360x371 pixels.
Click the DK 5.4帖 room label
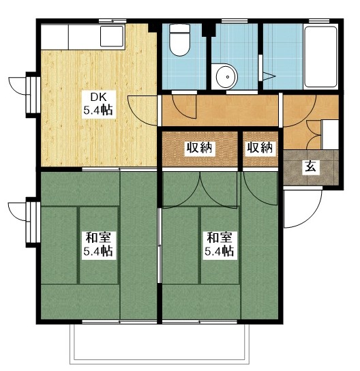tap(99, 104)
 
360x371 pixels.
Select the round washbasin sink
tap(226, 77)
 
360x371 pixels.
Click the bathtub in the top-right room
tap(320, 57)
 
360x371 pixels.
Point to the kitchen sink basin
tap(112, 36)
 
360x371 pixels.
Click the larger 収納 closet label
tap(200, 148)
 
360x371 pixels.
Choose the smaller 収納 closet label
tap(260, 148)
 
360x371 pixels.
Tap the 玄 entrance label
tap(311, 167)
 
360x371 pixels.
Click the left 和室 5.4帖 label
tap(99, 244)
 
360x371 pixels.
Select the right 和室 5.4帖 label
tap(220, 244)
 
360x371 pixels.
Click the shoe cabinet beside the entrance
tap(330, 134)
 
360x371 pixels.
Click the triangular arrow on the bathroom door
tap(269, 76)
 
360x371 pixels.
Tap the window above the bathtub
tap(319, 21)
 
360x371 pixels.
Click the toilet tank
tap(180, 29)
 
